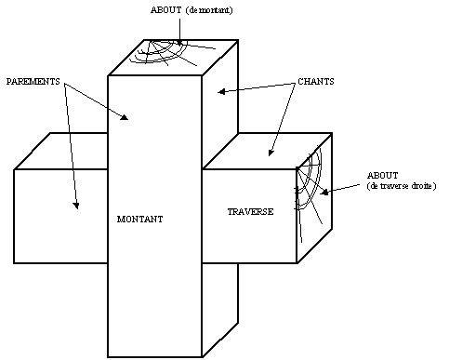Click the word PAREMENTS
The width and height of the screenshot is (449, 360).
[x=33, y=82]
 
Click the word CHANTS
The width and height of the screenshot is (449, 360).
[x=316, y=82]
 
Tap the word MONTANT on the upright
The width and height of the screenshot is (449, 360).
[x=139, y=220]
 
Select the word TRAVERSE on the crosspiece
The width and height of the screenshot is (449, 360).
[x=250, y=212]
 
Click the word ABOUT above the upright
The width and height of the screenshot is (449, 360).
[x=166, y=10]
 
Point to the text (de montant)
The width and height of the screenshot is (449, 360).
[x=209, y=10]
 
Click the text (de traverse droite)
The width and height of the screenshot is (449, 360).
[x=402, y=186]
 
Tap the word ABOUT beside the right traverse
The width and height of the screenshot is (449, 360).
[x=382, y=176]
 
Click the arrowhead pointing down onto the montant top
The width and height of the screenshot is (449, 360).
[x=179, y=43]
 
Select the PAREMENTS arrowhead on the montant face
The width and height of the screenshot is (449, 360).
[x=125, y=117]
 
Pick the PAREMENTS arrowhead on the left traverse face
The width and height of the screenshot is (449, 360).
[x=76, y=206]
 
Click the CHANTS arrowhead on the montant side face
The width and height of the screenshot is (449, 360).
[x=221, y=91]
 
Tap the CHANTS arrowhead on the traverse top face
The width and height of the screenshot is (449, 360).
[x=271, y=153]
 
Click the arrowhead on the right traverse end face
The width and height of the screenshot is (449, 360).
[x=324, y=193]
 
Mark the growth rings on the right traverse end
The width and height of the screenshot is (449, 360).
[x=309, y=193]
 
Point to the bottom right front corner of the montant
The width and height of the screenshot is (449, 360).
[x=202, y=357]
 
